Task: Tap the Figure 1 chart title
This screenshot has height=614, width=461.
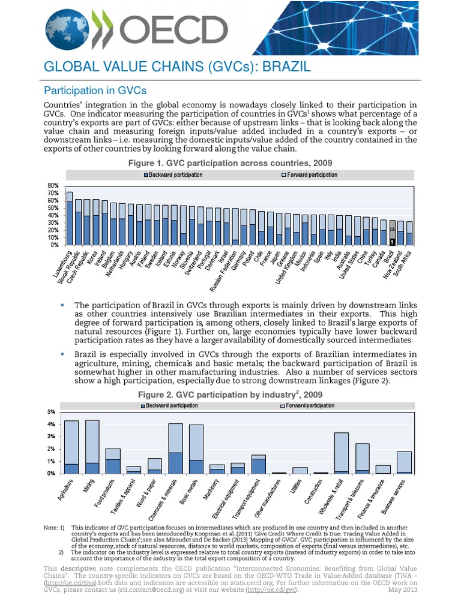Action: pyautogui.click(x=230, y=163)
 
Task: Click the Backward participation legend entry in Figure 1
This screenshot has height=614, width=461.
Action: pyautogui.click(x=173, y=175)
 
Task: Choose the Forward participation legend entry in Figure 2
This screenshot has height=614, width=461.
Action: pyautogui.click(x=308, y=406)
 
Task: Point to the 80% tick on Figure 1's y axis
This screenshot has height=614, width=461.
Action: pyautogui.click(x=53, y=186)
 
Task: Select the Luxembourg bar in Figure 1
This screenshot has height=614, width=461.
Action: pyautogui.click(x=70, y=218)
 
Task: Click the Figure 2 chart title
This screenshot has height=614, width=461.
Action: pyautogui.click(x=230, y=395)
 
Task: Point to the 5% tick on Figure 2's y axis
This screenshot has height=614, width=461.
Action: pyautogui.click(x=52, y=412)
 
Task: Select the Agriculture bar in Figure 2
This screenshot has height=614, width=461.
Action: pyautogui.click(x=71, y=447)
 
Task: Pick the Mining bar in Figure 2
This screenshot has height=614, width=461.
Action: pyautogui.click(x=92, y=447)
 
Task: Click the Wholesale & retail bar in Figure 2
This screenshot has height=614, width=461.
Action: pyautogui.click(x=341, y=453)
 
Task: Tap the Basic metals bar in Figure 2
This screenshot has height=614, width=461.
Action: pyautogui.click(x=196, y=449)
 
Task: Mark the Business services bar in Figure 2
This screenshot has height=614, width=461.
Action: pyautogui.click(x=404, y=462)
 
